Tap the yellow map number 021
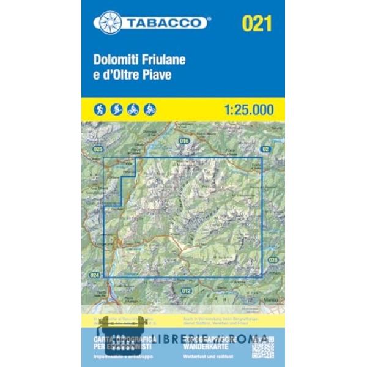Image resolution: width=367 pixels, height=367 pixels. click(x=256, y=24)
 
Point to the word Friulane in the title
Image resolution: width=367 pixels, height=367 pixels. click(x=163, y=61)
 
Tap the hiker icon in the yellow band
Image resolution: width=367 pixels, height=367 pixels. click(x=100, y=109)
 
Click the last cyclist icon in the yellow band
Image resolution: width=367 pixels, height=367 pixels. click(x=150, y=109)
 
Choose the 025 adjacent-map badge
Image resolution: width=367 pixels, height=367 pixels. click(x=97, y=149)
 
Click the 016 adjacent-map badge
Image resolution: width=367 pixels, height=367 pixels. click(x=184, y=141)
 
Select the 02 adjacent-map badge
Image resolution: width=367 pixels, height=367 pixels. click(x=265, y=149)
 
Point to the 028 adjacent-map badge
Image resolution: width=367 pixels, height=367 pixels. click(x=273, y=259)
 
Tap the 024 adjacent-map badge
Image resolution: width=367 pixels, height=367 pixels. click(x=94, y=275)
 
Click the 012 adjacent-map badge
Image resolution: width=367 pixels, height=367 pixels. click(x=187, y=290)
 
